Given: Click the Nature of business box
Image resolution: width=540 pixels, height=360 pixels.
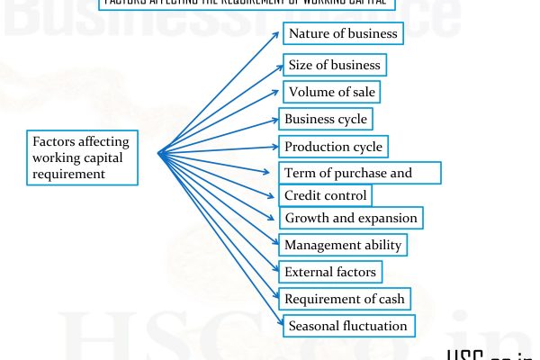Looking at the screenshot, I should click(342, 35).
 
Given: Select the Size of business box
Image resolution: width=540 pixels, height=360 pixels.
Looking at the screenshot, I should click(333, 65).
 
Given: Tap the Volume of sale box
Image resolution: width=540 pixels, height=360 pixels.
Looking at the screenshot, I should click(331, 92).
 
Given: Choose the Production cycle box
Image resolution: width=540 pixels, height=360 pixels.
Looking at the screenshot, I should click(332, 147).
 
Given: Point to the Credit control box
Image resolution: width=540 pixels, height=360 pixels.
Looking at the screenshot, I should click(325, 195).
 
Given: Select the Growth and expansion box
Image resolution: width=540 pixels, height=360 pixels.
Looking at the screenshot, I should click(351, 218).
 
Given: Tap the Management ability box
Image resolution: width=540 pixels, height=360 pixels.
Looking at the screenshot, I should click(343, 245).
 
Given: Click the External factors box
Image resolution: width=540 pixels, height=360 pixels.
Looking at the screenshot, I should click(329, 271).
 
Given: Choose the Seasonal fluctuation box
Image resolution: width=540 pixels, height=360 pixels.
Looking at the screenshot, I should click(347, 326).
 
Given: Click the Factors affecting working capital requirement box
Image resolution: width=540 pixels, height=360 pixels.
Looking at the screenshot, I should click(82, 157).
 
